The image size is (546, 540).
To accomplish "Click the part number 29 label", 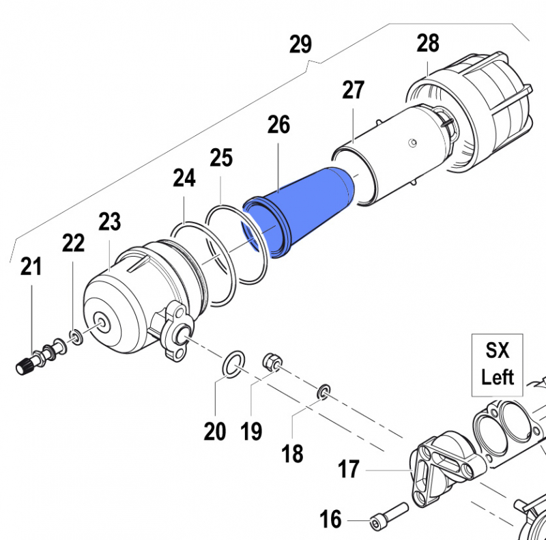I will click(300, 45).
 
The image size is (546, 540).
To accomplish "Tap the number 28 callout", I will click(428, 44).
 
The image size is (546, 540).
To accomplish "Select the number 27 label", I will click(353, 90).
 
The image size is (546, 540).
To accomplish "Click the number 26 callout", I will click(278, 125).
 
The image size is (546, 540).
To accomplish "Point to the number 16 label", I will click(330, 520).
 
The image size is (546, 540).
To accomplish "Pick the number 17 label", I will click(349, 470).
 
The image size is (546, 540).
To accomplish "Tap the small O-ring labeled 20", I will click(233, 363).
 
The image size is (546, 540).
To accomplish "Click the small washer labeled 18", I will click(324, 392).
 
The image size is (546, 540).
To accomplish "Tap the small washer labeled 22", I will click(75, 336).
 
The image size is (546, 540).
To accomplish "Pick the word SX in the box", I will click(497, 352).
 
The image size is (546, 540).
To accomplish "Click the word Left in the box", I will click(497, 377).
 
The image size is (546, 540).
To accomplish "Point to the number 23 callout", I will click(109, 222).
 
